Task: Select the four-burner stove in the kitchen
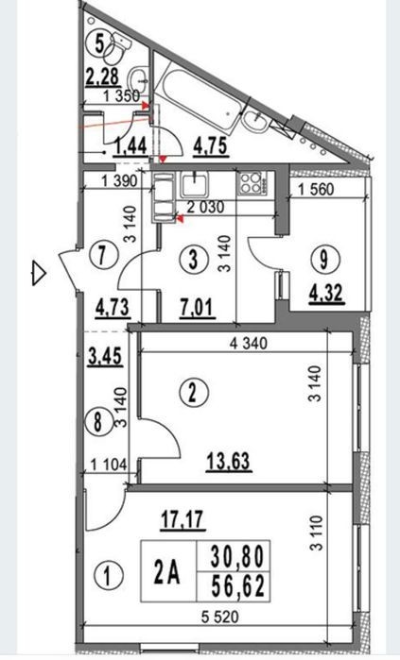click(252, 183)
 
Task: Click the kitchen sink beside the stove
click(194, 184)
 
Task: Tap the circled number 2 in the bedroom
click(193, 394)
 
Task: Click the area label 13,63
click(229, 461)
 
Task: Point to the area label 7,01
click(198, 307)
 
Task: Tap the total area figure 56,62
click(238, 586)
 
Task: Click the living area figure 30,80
click(237, 555)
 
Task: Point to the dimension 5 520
click(219, 618)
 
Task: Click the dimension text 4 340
click(249, 343)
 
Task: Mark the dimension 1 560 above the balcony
click(316, 189)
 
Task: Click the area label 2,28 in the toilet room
click(103, 77)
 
